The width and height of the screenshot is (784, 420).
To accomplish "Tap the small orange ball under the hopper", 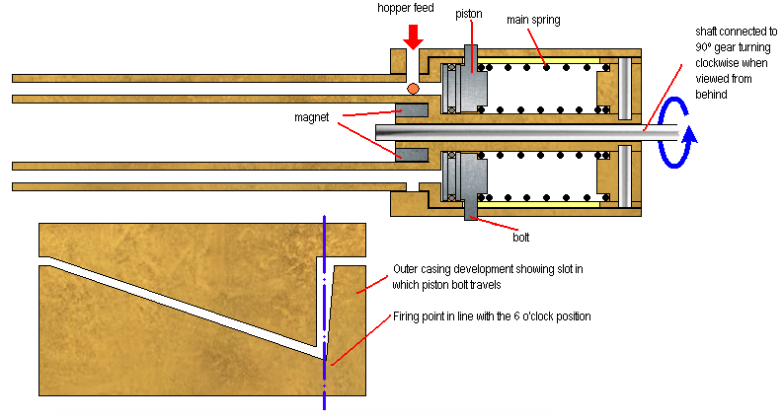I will pyautogui.click(x=413, y=89).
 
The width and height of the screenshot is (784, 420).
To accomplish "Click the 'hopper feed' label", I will pyautogui.click(x=405, y=8).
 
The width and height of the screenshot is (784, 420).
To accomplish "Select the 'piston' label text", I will pyautogui.click(x=469, y=14).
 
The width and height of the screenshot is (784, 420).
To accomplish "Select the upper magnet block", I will pyautogui.click(x=411, y=109).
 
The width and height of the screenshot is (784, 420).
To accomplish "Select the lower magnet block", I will pyautogui.click(x=411, y=154).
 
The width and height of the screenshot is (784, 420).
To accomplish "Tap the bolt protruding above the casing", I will pyautogui.click(x=469, y=57).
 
